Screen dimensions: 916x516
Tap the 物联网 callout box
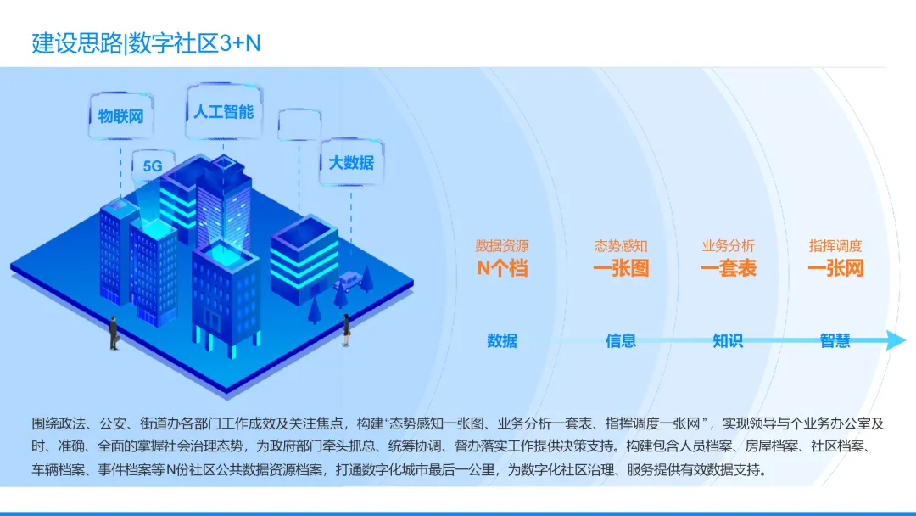120,116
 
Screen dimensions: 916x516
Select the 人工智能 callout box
223,111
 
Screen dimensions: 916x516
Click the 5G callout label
153,166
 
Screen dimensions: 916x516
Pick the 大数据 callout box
351,162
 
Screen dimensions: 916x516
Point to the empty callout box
299,126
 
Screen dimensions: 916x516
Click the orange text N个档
502,269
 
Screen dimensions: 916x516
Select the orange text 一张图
621,269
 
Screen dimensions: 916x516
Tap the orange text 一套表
728,269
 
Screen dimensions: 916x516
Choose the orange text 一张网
835,269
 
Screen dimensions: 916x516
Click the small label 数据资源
502,246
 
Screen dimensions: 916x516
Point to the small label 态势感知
621,246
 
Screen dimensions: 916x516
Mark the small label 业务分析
728,246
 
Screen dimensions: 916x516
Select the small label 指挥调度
835,246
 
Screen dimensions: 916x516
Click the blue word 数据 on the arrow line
502,341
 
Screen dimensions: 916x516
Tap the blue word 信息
621,341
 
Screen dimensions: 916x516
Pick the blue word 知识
728,341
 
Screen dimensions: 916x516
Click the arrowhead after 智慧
896,340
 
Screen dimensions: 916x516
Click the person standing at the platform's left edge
114,334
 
